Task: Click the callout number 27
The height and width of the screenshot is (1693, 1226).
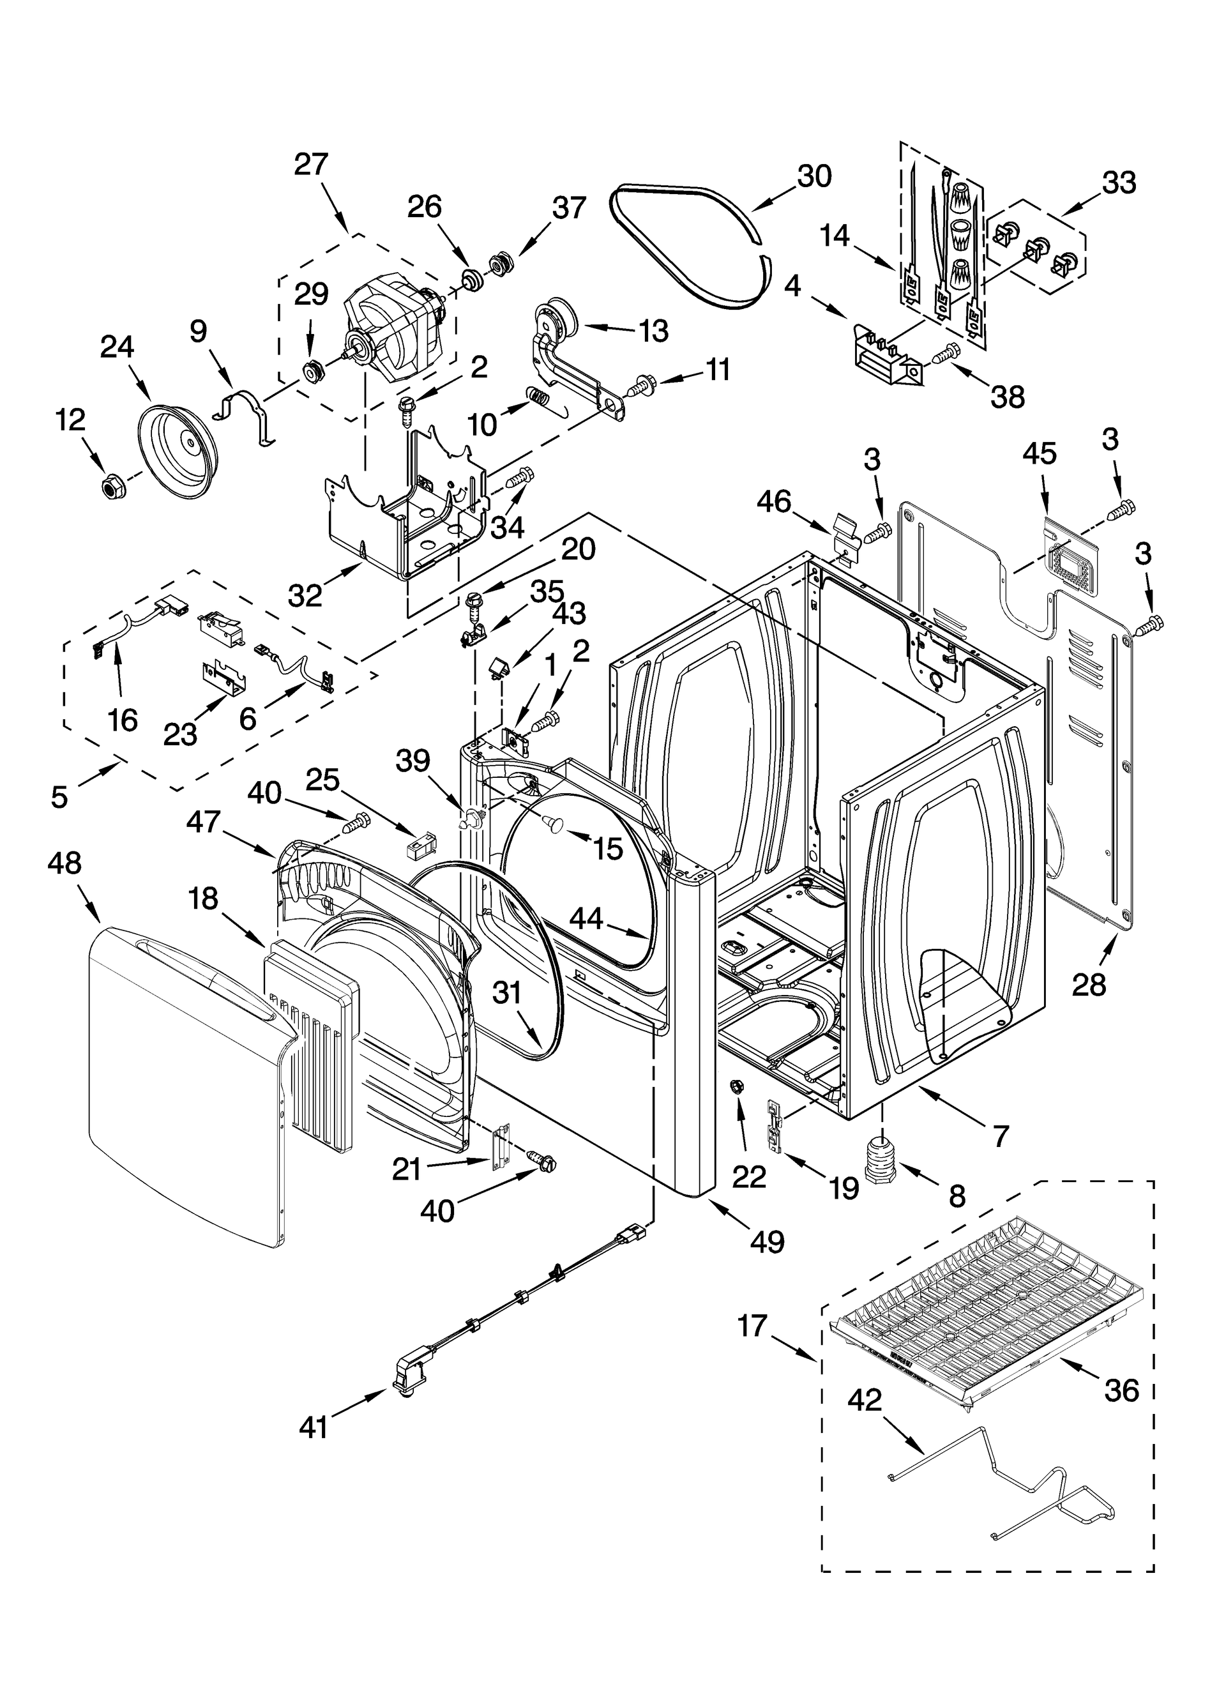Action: (x=311, y=163)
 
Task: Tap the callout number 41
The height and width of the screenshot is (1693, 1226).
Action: (x=314, y=1427)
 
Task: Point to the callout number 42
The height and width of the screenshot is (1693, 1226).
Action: (x=865, y=1401)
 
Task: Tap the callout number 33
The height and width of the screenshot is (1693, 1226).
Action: (x=1119, y=182)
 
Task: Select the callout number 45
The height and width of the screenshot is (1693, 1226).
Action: (x=1040, y=453)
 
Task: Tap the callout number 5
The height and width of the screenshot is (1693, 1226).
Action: (x=59, y=796)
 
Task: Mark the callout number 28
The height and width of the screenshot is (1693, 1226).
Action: (x=1089, y=985)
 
